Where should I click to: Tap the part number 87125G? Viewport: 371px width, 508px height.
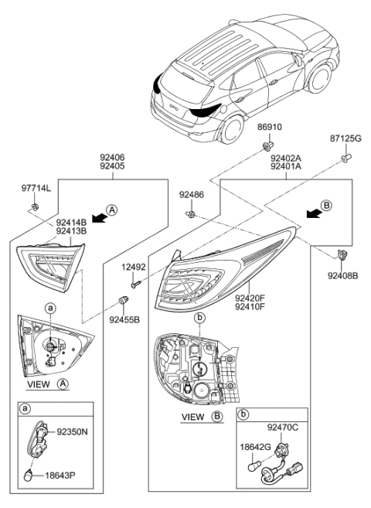344,138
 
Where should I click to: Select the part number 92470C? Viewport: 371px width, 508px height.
283,426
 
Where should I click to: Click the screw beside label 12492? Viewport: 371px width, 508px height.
137,284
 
